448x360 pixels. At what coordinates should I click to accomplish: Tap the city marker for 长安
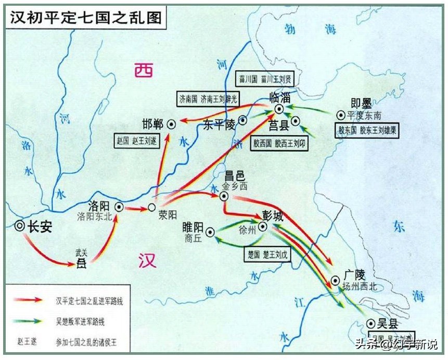[20, 226]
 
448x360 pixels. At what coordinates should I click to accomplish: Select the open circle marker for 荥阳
[151, 207]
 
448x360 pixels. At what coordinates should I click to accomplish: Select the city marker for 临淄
[279, 108]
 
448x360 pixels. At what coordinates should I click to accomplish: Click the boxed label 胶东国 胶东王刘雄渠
[368, 129]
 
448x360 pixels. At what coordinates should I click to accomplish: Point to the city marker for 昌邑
[224, 196]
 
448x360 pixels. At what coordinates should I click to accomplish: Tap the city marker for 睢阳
[210, 232]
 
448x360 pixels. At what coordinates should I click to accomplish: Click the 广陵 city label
[353, 274]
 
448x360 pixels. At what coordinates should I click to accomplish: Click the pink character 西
[143, 69]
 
